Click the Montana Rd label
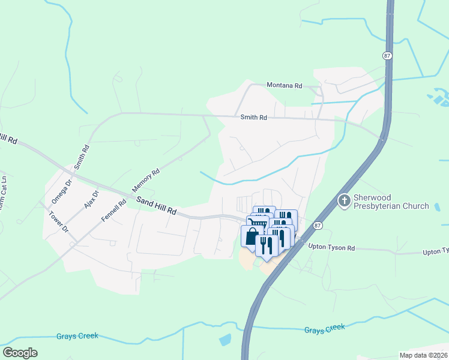285,85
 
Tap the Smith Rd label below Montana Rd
253,118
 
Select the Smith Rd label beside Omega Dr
81,156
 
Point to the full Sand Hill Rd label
156,206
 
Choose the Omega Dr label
61,191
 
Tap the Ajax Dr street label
90,196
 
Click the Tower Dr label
59,221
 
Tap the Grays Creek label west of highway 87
77,336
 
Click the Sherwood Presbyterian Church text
391,202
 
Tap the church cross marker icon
344,201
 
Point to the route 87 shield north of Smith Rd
387,55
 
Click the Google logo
20,353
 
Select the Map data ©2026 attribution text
423,355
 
